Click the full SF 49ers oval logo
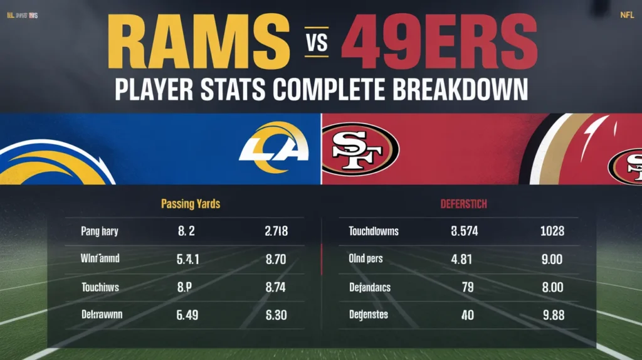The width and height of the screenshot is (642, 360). coord(360,150)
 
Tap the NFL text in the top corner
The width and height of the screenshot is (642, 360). coord(627,15)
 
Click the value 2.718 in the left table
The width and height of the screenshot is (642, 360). coord(276,231)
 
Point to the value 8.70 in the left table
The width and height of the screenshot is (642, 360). coord(276,258)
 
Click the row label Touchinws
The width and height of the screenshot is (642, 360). coord(100,287)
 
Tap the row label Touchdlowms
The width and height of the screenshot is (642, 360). coord(373,231)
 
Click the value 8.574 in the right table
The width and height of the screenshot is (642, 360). coord(464,231)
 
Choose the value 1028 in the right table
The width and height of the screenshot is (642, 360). coord(552,231)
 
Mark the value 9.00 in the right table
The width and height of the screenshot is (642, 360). coord(552,258)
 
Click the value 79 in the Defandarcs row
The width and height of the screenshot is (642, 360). coord(467,287)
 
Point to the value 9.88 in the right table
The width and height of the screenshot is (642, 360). coord(552,315)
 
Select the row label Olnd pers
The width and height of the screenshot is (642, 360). coord(366,258)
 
